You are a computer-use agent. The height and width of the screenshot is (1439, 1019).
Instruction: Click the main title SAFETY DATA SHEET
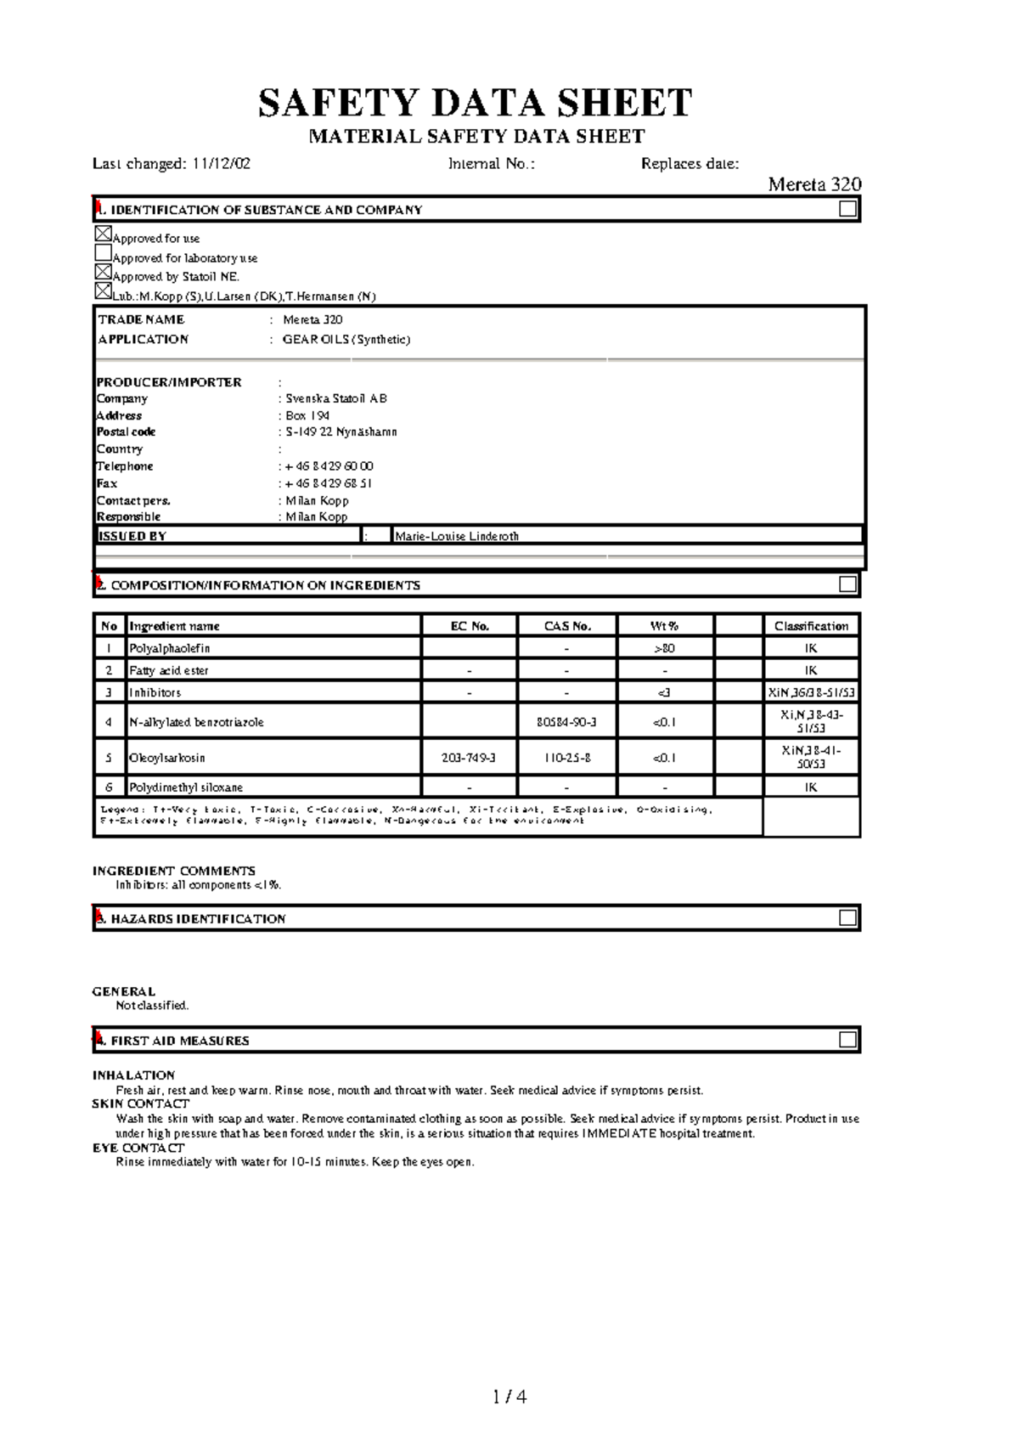475,103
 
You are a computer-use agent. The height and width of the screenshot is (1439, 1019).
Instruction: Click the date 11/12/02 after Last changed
221,164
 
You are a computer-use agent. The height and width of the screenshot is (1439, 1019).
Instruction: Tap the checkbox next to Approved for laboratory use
103,253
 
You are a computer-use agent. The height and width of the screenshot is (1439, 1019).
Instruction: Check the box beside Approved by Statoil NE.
103,272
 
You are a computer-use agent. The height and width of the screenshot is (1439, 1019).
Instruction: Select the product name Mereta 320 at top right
814,184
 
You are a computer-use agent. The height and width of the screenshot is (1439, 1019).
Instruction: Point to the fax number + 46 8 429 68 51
329,483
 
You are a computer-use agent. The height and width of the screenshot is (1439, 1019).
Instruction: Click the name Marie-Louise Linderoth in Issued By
457,536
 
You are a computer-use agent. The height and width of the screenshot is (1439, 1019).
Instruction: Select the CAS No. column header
566,626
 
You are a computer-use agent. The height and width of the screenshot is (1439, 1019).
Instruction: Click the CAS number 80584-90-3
566,722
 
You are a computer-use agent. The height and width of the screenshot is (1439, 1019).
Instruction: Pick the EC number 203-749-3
468,758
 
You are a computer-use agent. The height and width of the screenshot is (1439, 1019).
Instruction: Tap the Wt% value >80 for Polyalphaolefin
664,648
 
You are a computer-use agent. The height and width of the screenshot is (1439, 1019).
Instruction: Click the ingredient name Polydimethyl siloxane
186,787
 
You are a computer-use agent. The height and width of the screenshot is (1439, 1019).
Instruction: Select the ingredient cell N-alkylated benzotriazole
196,722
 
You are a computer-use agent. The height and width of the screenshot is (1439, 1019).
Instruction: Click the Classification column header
811,626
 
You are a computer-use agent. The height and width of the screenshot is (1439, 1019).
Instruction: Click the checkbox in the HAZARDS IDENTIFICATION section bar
847,917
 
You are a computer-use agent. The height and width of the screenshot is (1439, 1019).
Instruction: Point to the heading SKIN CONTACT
140,1104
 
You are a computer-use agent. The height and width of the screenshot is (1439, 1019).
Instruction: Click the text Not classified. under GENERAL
152,1006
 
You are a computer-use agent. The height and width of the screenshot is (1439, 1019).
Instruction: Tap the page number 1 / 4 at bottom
509,1397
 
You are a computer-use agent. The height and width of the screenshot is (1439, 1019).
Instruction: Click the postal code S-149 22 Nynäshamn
341,432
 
